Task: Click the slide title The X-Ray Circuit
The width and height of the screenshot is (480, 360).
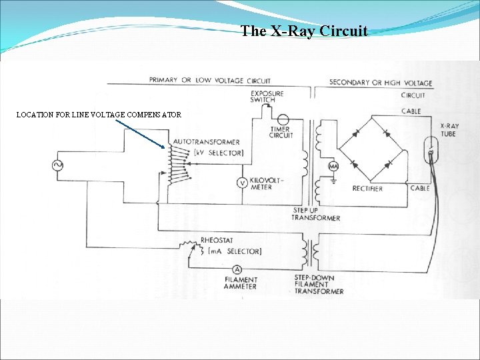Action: (304, 31)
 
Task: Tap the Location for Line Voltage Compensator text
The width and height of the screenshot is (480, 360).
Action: (99, 115)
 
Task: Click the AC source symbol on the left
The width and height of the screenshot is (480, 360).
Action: (57, 165)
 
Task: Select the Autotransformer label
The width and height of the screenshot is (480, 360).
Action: (206, 142)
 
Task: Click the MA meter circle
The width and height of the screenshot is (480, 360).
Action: (333, 166)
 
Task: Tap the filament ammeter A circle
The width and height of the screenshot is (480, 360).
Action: (237, 268)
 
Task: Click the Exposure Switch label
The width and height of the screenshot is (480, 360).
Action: (267, 97)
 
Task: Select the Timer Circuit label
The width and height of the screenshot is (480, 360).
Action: (281, 132)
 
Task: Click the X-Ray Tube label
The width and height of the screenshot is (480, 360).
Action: (449, 130)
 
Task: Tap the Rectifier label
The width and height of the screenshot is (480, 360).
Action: (368, 189)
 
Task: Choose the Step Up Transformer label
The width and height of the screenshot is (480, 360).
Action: (315, 214)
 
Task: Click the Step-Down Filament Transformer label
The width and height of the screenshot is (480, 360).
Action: (319, 285)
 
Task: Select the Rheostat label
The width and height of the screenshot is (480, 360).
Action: (217, 240)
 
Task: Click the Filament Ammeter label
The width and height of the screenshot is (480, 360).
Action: (241, 284)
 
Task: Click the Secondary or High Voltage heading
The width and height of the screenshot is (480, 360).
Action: (381, 83)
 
